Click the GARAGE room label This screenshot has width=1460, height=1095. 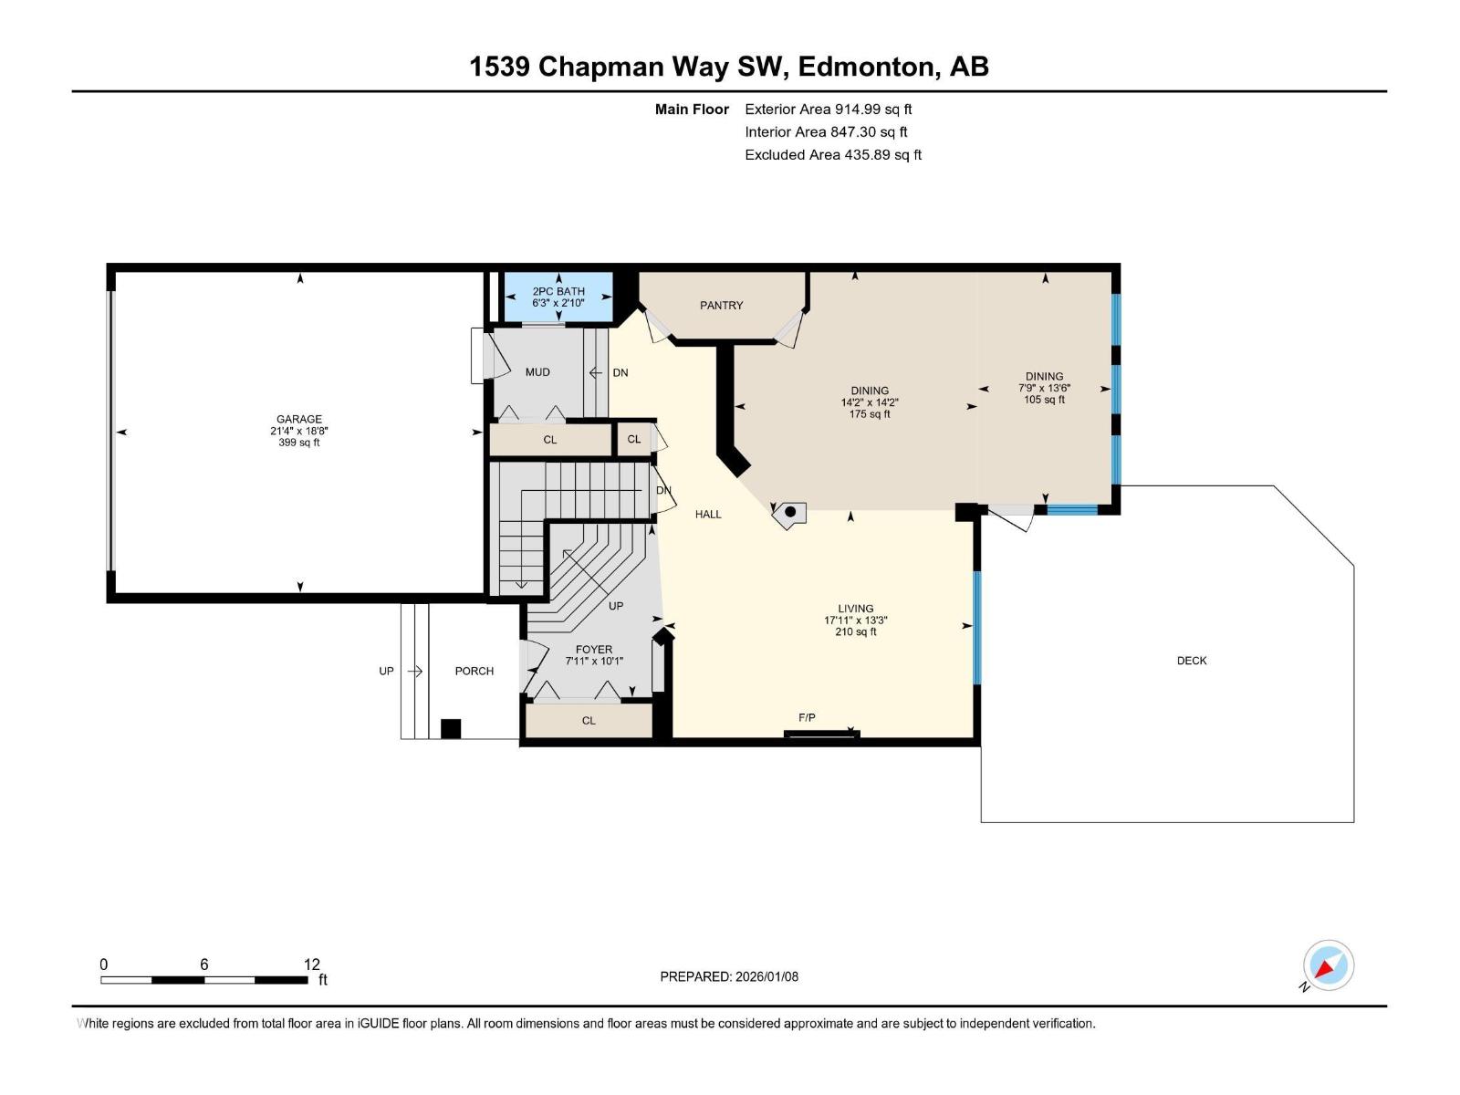tap(299, 420)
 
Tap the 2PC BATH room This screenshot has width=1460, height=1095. tap(558, 297)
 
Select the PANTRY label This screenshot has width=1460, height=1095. tap(721, 306)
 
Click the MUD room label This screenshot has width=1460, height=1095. tap(537, 372)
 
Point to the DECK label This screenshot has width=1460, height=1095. tap(1192, 661)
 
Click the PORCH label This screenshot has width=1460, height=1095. tap(474, 672)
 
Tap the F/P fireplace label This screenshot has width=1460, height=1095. tap(807, 718)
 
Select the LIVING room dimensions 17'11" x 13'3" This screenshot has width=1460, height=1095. tap(855, 620)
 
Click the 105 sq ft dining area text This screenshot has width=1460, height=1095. tap(1044, 400)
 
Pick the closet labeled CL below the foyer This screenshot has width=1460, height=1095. tap(589, 721)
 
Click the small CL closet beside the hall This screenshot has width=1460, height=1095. tap(634, 439)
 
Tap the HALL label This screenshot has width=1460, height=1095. tap(708, 515)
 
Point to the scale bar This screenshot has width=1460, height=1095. tap(204, 980)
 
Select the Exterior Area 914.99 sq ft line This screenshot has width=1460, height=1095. tap(829, 109)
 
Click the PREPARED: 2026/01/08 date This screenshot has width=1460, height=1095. tap(729, 976)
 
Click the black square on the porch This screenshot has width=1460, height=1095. tap(451, 728)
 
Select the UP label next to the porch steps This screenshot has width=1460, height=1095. tap(386, 672)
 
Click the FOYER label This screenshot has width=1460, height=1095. tap(594, 650)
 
